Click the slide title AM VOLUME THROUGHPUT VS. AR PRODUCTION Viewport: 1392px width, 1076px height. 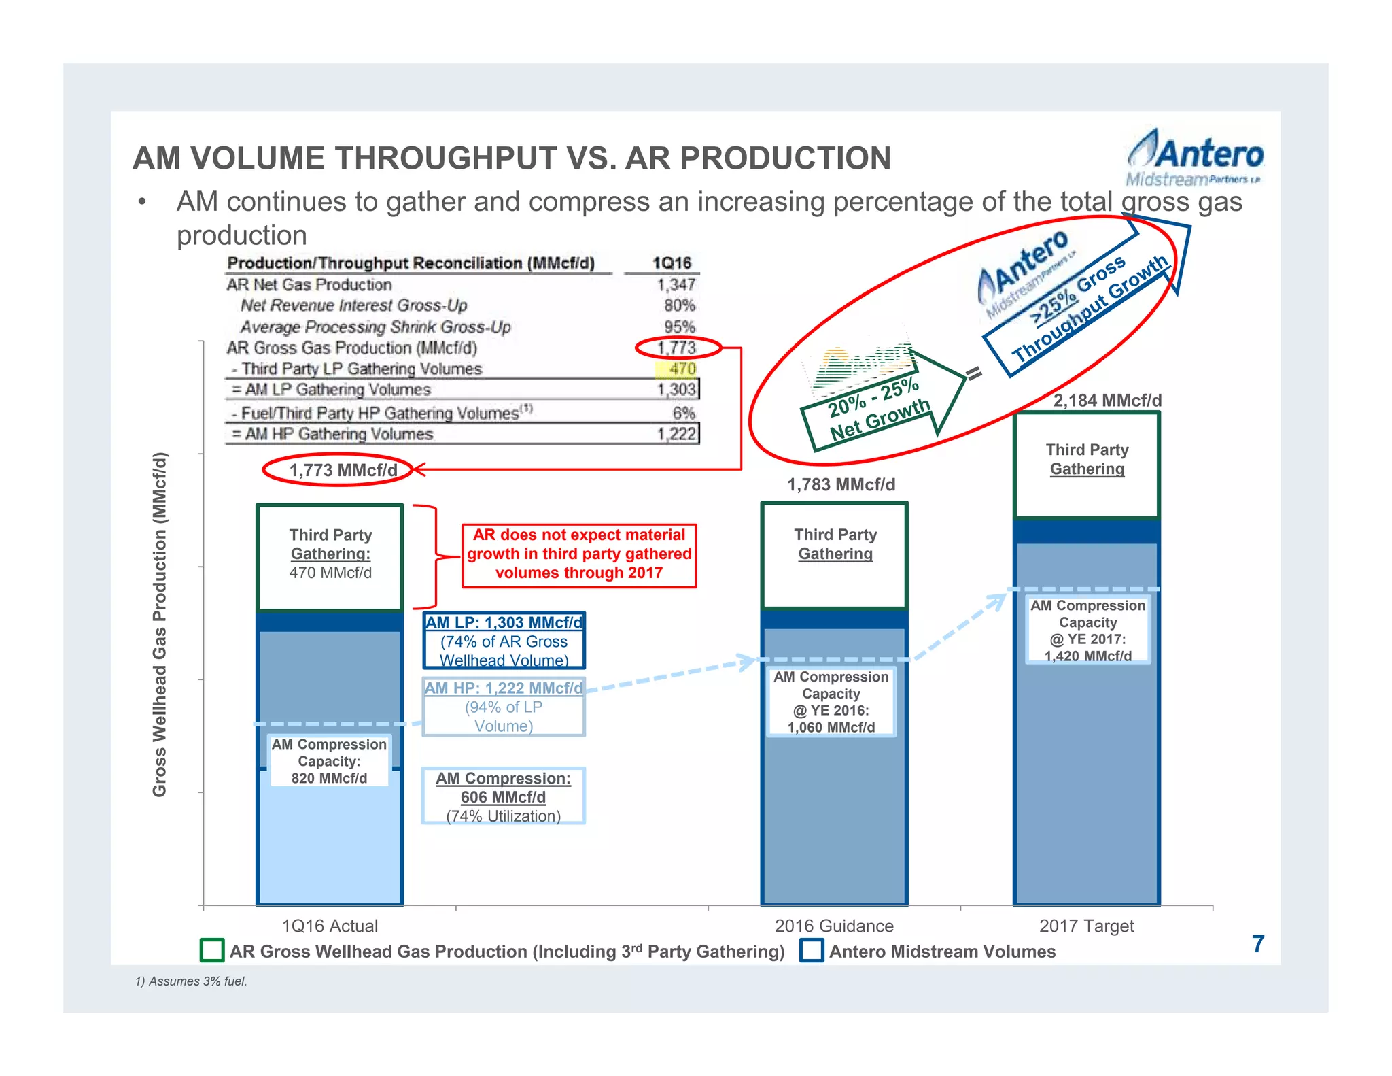[511, 158]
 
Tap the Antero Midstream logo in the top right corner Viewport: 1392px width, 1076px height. [1194, 159]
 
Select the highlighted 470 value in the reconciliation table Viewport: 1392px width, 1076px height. [682, 369]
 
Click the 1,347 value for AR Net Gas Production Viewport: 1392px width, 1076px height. [676, 284]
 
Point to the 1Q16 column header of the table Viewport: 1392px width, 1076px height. [671, 263]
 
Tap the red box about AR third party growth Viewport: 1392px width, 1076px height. [579, 554]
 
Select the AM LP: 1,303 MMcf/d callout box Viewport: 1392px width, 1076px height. [504, 641]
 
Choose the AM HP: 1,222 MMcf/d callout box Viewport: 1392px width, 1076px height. [504, 707]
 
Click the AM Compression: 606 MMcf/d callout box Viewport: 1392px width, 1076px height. [503, 796]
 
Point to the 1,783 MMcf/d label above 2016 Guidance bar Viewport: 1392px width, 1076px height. [841, 485]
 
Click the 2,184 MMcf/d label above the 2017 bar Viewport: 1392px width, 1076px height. [1107, 401]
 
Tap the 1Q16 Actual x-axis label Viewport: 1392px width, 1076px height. [330, 926]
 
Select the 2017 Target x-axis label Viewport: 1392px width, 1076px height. [1086, 926]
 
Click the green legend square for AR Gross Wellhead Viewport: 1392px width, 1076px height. [212, 950]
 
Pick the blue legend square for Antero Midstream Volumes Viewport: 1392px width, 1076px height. [812, 950]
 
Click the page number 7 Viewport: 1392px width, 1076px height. [1258, 944]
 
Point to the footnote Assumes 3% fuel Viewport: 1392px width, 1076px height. [191, 981]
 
